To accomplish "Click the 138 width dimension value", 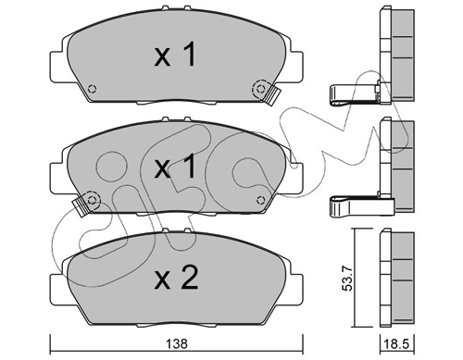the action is pyautogui.click(x=177, y=343).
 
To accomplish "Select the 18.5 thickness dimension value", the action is pyautogui.click(x=397, y=343).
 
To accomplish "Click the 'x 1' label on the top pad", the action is pyautogui.click(x=175, y=55).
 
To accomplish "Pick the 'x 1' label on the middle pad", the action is pyautogui.click(x=175, y=167).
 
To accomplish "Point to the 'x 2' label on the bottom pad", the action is pyautogui.click(x=176, y=278).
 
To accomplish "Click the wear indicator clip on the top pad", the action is pyautogui.click(x=272, y=96).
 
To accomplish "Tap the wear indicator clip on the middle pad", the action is pyautogui.click(x=80, y=207).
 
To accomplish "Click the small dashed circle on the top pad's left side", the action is pyautogui.click(x=92, y=89).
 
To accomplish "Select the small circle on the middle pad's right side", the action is pyautogui.click(x=261, y=200).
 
